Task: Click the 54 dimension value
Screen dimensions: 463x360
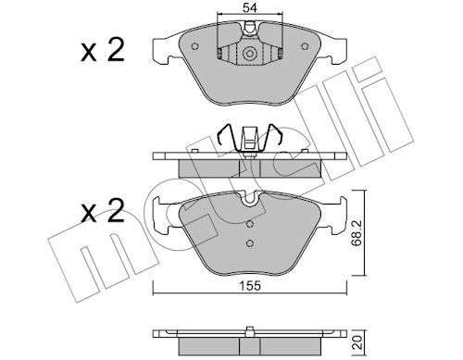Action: pos(250,8)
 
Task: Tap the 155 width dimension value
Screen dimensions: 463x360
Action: pos(250,286)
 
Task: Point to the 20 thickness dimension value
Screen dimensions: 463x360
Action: pos(357,342)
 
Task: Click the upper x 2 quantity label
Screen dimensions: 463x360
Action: pos(103,50)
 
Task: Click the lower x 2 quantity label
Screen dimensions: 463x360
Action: pos(103,211)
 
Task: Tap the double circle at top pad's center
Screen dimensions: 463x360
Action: pos(249,54)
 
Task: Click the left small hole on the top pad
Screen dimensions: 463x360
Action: pos(194,46)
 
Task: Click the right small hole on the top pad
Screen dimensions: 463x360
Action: pos(305,46)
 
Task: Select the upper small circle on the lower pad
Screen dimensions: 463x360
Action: pos(250,224)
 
